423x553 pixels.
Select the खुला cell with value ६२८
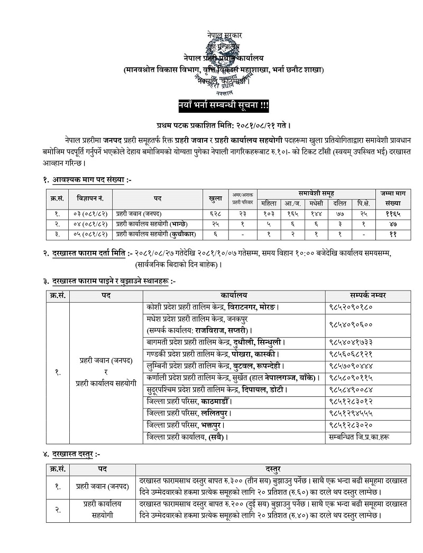pos(215,214)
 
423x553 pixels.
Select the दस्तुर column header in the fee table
pos(273,468)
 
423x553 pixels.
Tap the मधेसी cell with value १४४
pos(316,214)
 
